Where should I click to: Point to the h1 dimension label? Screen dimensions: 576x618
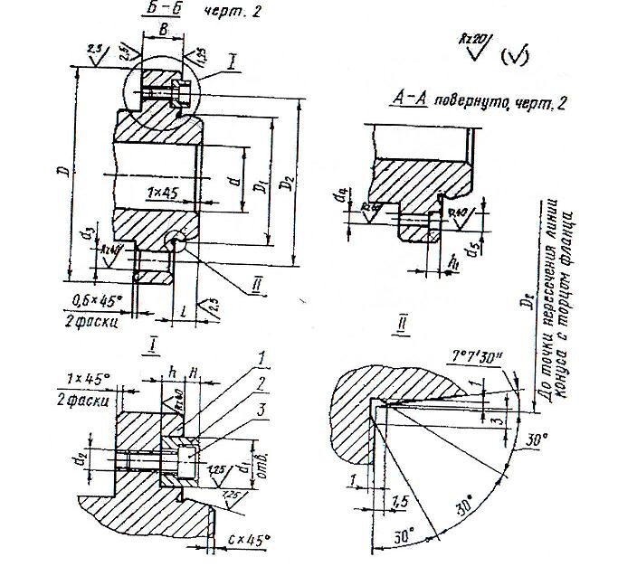click(x=454, y=260)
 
